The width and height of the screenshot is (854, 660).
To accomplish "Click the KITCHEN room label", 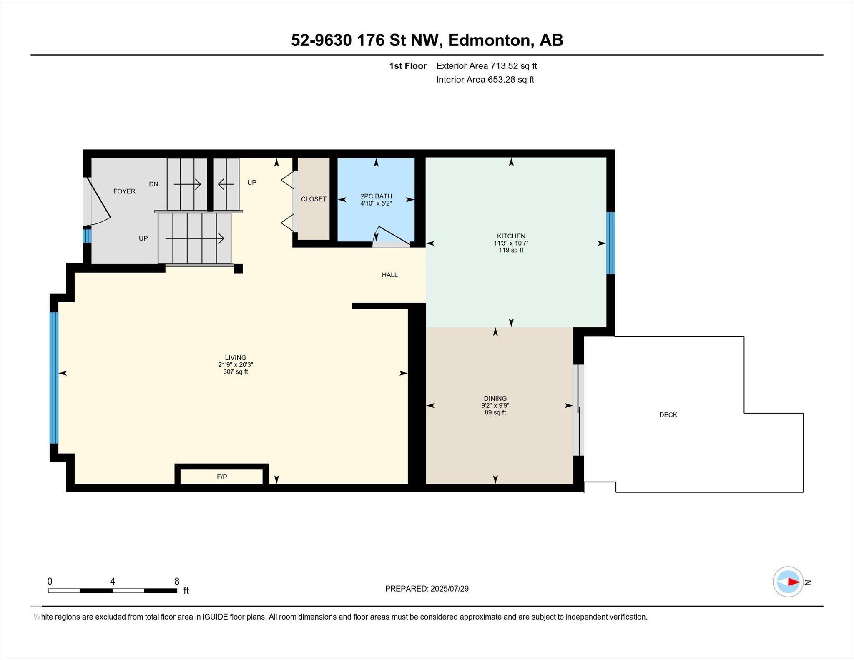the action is click(511, 236).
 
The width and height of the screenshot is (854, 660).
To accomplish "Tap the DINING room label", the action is click(495, 398).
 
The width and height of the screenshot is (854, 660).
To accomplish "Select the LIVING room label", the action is click(236, 357).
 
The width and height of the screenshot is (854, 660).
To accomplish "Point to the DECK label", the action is click(668, 414).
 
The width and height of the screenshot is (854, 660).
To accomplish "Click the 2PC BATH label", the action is click(376, 196).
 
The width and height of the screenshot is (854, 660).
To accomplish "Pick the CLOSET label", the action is click(314, 199).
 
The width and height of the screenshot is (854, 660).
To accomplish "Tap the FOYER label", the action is click(124, 191).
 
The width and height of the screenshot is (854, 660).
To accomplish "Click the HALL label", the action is click(390, 275).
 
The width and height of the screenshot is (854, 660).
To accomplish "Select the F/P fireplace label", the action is click(222, 477).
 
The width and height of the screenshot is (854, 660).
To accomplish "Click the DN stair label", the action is click(153, 184).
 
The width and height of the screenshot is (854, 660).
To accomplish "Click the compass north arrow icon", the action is click(788, 582).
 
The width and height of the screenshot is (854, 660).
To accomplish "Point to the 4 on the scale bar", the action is click(112, 581).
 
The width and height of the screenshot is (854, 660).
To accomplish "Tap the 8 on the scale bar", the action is click(177, 581).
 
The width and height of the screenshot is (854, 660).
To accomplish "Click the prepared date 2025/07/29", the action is click(450, 589).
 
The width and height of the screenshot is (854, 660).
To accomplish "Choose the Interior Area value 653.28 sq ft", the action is click(511, 79).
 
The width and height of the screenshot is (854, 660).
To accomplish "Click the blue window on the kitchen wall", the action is click(610, 243).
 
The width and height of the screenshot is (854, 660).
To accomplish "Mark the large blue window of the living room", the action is click(54, 378).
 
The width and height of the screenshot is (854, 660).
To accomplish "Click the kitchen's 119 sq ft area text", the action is click(511, 250).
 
